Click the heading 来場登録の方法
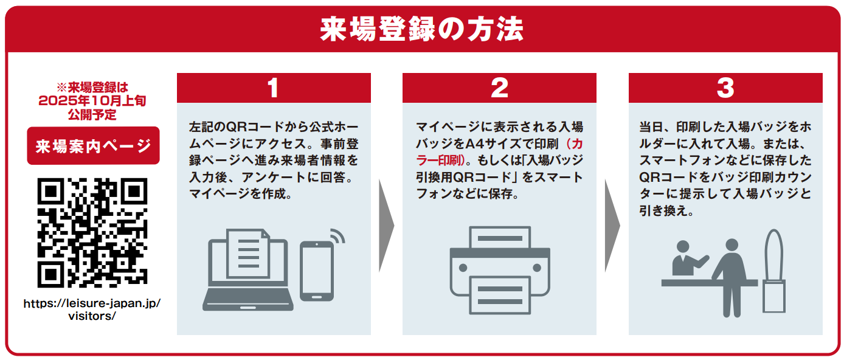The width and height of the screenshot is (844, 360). coord(421,29)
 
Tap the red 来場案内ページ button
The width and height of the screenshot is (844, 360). coord(93,146)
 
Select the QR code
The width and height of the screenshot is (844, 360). coord(92,233)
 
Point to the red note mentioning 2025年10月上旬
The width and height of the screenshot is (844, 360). coord(92,100)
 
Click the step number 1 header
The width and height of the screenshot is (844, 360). coord(274,88)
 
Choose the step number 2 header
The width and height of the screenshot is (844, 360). coord(499,88)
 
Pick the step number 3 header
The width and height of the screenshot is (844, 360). coord(725,88)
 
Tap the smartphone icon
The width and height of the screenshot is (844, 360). coord(316,271)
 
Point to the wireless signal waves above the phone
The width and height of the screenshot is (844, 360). coord(336,236)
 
